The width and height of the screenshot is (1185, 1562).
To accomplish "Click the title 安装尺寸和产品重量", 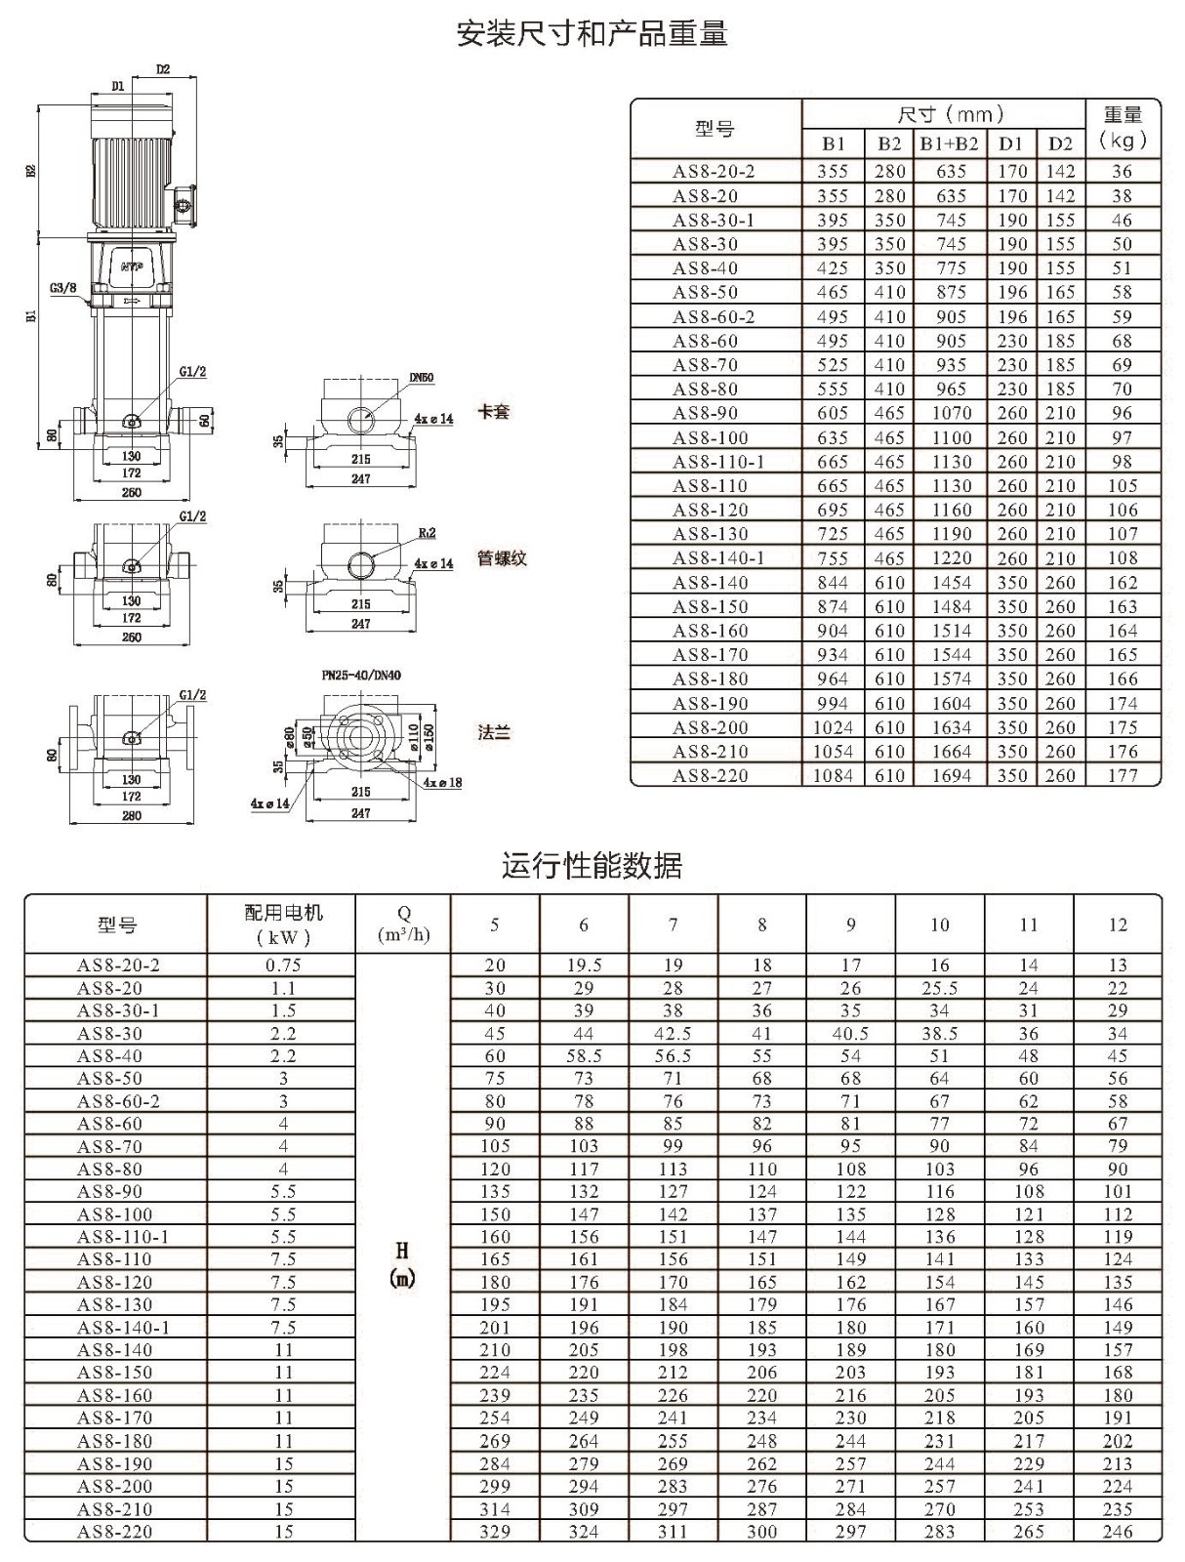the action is coord(592,33).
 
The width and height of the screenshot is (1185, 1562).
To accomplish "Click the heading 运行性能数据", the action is coord(592,865).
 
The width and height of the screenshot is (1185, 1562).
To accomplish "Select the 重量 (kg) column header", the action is coord(1123,127).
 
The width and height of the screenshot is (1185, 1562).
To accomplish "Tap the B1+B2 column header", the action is coord(950,144).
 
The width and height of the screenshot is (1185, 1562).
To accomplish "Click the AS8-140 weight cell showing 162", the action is coord(1123,583).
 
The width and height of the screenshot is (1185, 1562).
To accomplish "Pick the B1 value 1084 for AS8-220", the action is coord(833,776).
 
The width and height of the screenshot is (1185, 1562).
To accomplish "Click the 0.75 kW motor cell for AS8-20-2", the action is coord(283,965).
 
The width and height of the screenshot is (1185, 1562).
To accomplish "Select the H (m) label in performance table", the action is coord(402,1264).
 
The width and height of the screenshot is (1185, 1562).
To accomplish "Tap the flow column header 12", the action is coord(1118,925).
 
